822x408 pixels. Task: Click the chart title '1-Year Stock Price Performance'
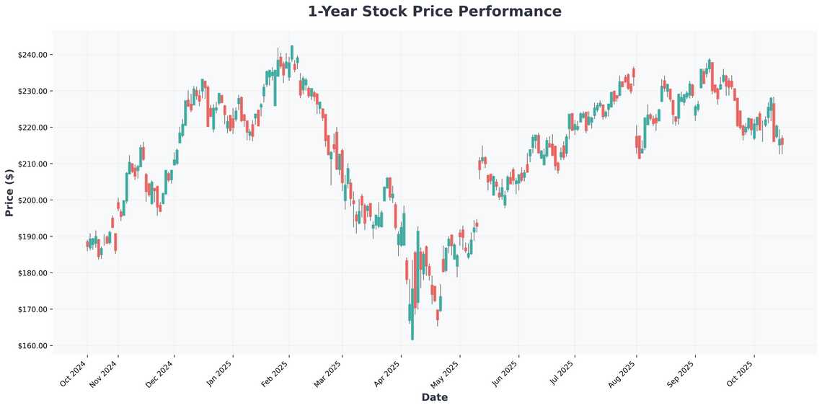[434, 12]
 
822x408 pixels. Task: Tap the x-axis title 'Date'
[434, 397]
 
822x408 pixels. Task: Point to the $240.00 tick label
[33, 55]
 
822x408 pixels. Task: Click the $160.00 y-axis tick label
[33, 346]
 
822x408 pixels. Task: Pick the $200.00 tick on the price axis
[33, 200]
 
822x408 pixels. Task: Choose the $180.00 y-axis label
[33, 273]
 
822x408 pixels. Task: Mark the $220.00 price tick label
[33, 128]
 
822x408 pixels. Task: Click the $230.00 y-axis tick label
[33, 92]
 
